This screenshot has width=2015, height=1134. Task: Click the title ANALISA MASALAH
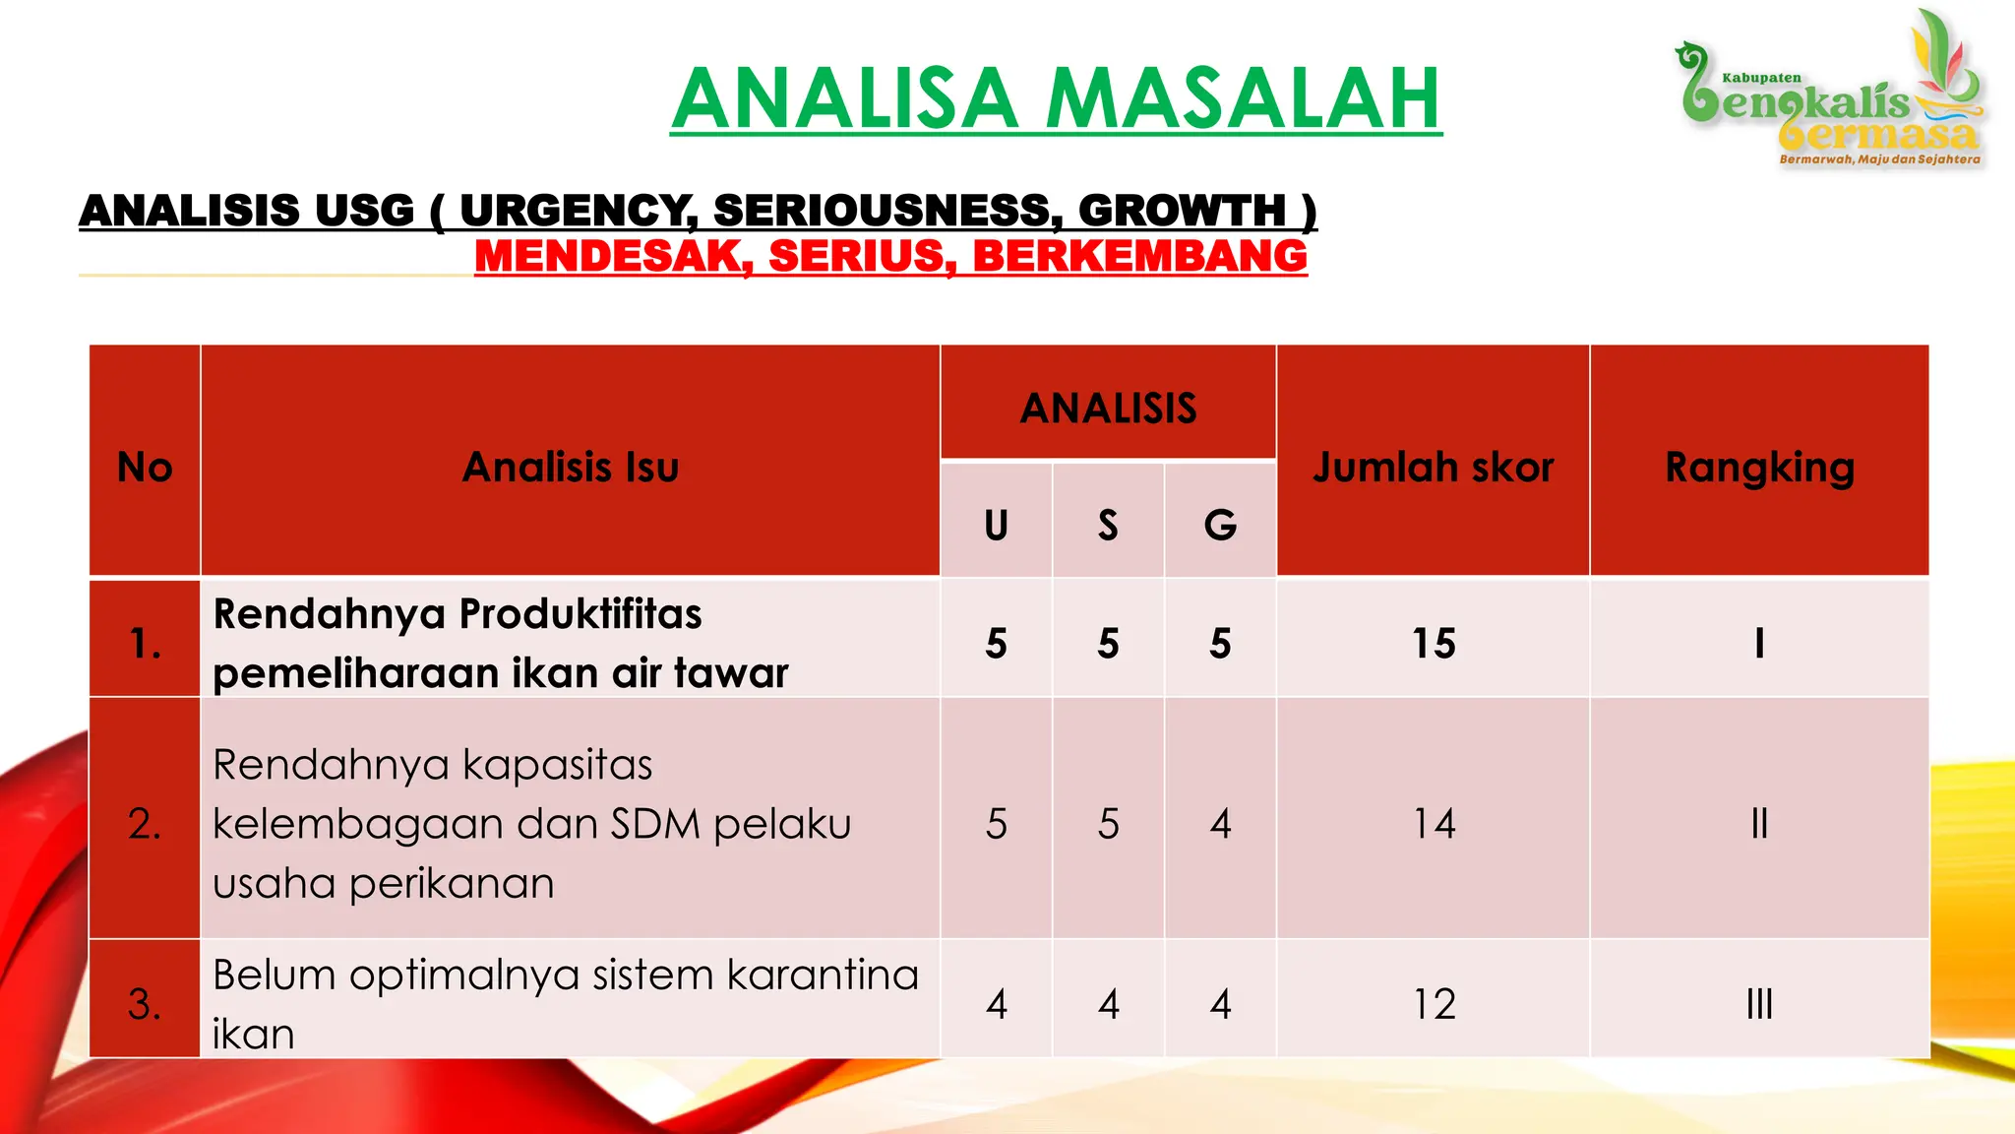[1056, 98]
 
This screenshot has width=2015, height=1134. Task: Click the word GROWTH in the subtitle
[1182, 211]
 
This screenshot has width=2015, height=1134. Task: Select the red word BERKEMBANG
[1139, 256]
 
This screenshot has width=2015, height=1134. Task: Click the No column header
[145, 467]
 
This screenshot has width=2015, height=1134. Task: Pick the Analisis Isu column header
[571, 467]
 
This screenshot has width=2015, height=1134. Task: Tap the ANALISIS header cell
[1108, 408]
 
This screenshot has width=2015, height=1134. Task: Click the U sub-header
[996, 526]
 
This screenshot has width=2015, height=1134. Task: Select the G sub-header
[1220, 526]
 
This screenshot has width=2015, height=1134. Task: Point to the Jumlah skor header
[1434, 467]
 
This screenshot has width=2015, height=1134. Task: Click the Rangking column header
[1759, 467]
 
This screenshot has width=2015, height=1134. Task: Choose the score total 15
[1434, 644]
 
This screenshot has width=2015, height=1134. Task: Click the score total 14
[1434, 824]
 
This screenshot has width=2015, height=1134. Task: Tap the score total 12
[1434, 1004]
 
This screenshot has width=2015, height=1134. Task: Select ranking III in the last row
[1759, 1004]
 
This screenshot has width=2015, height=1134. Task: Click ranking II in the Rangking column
[1759, 824]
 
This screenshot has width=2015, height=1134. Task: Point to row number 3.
[145, 1004]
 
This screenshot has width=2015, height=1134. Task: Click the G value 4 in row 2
[1220, 824]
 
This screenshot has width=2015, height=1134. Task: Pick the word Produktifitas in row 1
[580, 614]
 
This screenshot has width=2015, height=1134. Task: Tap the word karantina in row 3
[823, 975]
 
